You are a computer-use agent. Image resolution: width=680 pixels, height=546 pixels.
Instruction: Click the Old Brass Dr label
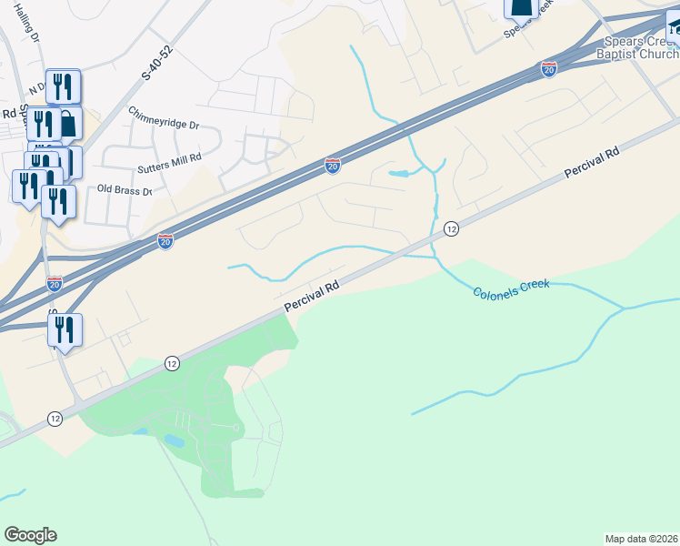point(125,192)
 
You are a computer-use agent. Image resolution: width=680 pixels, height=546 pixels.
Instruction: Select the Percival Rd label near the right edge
point(591,163)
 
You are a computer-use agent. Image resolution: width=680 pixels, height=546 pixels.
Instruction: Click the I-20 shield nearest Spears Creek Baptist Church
point(548,68)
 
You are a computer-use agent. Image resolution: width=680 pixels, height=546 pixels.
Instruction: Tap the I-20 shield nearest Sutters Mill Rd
point(333,166)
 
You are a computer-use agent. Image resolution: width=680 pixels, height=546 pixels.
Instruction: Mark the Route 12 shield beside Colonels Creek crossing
point(451,229)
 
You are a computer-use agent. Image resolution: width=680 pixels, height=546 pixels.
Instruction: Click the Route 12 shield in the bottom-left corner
point(55,419)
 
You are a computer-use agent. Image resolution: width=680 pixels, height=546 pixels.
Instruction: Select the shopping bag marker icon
point(67,124)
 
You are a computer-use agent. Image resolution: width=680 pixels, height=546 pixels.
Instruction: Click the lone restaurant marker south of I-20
point(65,329)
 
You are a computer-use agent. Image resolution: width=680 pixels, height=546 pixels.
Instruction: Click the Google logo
point(30,535)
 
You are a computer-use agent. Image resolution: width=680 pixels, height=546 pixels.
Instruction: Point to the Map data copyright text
point(642,539)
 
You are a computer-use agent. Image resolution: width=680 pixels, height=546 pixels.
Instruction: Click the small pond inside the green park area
point(173,440)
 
